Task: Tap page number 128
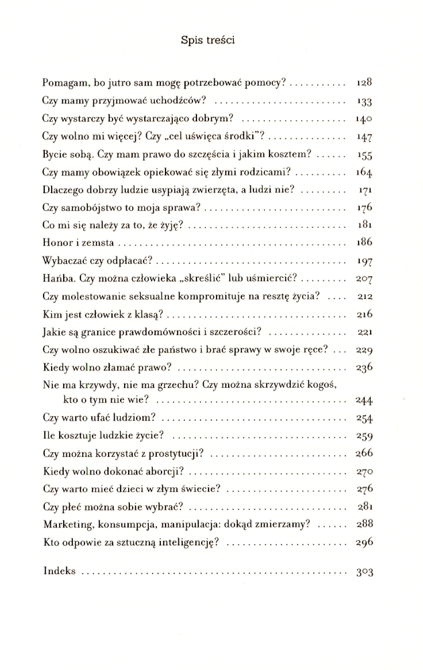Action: click(364, 84)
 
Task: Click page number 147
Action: click(364, 136)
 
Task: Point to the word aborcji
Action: click(164, 470)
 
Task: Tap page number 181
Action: click(364, 224)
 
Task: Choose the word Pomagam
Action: click(66, 84)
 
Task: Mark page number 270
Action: click(364, 470)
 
